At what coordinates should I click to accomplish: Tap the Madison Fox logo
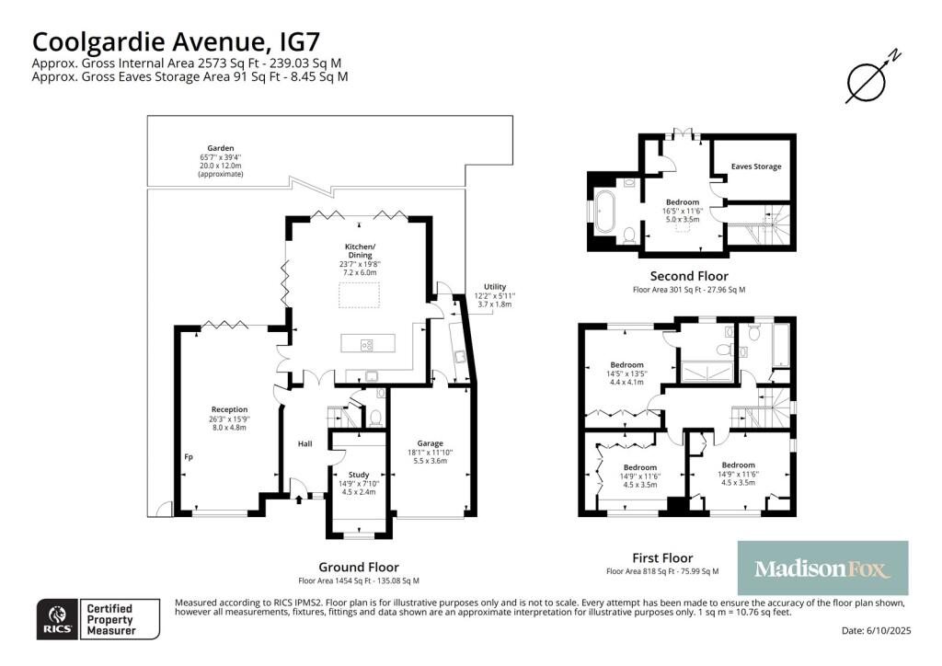click(822, 568)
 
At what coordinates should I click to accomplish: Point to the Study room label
click(358, 475)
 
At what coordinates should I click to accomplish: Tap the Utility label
click(494, 287)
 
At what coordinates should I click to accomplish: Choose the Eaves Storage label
click(755, 166)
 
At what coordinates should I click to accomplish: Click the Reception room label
click(229, 409)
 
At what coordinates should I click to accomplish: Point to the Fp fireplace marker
click(188, 456)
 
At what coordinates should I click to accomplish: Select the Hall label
click(304, 444)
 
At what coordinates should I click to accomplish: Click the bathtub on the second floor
click(605, 212)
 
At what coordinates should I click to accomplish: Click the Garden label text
click(220, 148)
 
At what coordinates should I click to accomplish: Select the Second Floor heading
click(688, 276)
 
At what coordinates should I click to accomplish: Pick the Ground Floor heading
click(358, 567)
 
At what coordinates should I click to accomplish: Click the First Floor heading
click(662, 557)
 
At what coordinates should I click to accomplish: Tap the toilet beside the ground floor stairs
click(374, 417)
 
